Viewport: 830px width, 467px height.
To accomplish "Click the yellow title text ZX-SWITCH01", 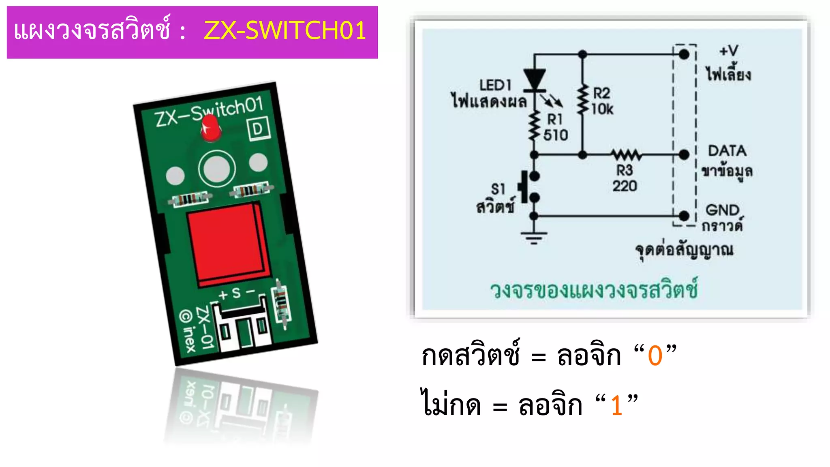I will (285, 30).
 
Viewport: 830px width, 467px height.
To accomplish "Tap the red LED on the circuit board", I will (211, 128).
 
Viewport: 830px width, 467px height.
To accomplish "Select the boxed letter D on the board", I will (258, 129).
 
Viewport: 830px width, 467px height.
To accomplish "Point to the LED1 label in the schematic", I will (495, 85).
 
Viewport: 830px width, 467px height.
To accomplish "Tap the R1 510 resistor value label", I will (555, 135).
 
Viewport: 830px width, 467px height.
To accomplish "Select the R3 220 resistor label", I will (625, 178).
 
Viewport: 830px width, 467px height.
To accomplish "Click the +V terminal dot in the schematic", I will (684, 54).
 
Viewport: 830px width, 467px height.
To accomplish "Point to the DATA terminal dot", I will (684, 154).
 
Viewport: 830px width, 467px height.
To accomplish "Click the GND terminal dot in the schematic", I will (684, 216).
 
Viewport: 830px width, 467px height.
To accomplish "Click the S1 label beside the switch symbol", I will (498, 189).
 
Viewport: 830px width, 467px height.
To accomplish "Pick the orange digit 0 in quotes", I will (655, 356).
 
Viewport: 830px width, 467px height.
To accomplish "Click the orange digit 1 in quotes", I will (617, 405).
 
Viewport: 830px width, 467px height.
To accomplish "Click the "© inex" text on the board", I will (188, 331).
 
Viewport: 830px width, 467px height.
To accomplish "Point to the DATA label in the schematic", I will (727, 151).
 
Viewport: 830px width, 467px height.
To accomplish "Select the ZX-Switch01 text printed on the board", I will (209, 112).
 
